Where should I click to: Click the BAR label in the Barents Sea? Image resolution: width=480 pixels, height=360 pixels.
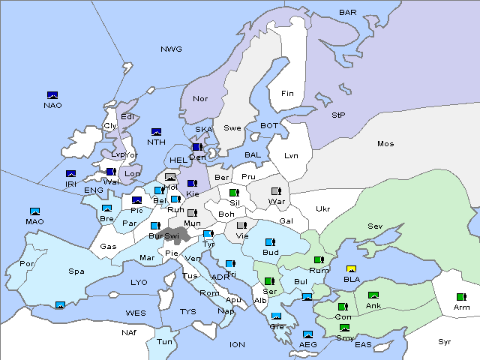[348, 13]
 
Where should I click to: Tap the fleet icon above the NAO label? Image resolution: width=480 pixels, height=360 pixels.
[52, 95]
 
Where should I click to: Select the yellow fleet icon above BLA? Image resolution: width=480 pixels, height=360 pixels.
[351, 269]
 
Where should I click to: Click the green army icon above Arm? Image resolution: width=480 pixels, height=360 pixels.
[459, 297]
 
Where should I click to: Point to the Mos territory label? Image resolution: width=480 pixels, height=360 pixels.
[385, 143]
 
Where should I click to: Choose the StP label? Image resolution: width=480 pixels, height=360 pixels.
[338, 115]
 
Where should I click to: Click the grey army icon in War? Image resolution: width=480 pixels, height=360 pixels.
[276, 191]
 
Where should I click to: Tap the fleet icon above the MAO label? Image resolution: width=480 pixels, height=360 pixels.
[34, 211]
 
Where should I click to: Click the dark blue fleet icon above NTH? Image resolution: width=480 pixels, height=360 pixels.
[157, 132]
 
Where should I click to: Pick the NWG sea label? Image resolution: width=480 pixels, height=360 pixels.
[171, 49]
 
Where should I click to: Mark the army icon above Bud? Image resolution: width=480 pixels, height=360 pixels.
[270, 242]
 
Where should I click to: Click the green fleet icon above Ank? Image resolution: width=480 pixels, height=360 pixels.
[373, 295]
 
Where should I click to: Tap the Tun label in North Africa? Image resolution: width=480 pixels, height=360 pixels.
[164, 341]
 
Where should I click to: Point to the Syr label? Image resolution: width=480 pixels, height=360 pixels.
[445, 341]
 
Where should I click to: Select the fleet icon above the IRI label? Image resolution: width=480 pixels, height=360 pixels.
[71, 174]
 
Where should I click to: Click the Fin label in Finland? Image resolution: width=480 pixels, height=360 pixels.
[287, 94]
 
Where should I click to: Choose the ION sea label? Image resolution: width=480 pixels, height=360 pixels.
[237, 344]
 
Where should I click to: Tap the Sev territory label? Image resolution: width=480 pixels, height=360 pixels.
[375, 226]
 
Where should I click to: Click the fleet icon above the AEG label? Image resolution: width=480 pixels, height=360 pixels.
[307, 334]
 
